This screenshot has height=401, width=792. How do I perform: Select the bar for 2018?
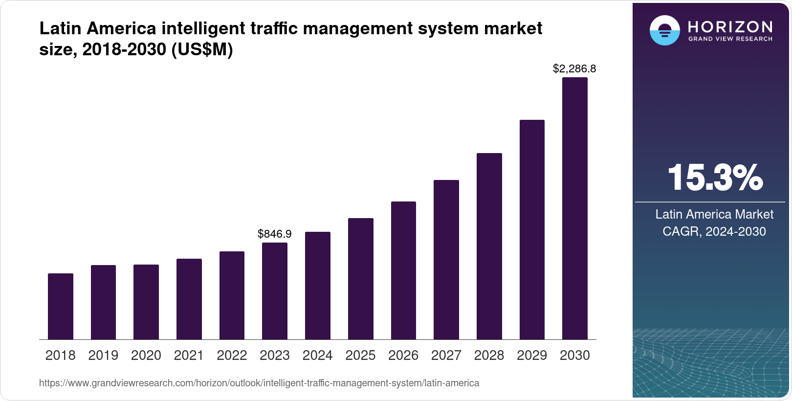pos(61,306)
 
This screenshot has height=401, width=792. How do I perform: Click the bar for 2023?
pos(275,291)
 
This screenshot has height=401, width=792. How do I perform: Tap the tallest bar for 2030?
pos(575,208)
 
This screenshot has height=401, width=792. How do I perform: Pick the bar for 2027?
pos(446,260)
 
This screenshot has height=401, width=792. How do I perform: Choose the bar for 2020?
pos(146,302)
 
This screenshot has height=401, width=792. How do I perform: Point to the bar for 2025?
pos(361,279)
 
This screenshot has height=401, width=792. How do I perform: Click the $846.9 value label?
pos(275,234)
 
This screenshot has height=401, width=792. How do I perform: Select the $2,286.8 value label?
pos(574,69)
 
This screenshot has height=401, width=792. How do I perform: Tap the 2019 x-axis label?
pos(103,356)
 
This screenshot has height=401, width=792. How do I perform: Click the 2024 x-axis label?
pos(318,356)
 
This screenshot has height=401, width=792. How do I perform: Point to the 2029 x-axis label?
pos(532,356)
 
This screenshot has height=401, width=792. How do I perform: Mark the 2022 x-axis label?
pos(232,356)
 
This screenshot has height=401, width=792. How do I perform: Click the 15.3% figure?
pos(714,178)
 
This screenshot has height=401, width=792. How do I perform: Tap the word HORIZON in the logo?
pos(730,26)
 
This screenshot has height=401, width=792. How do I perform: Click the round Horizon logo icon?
pos(665,31)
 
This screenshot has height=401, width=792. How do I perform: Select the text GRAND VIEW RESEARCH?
pos(730,39)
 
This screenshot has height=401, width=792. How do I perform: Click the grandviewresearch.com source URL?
pos(259,383)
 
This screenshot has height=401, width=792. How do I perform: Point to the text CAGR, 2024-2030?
pos(714,231)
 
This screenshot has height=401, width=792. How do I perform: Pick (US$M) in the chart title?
pos(202,49)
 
